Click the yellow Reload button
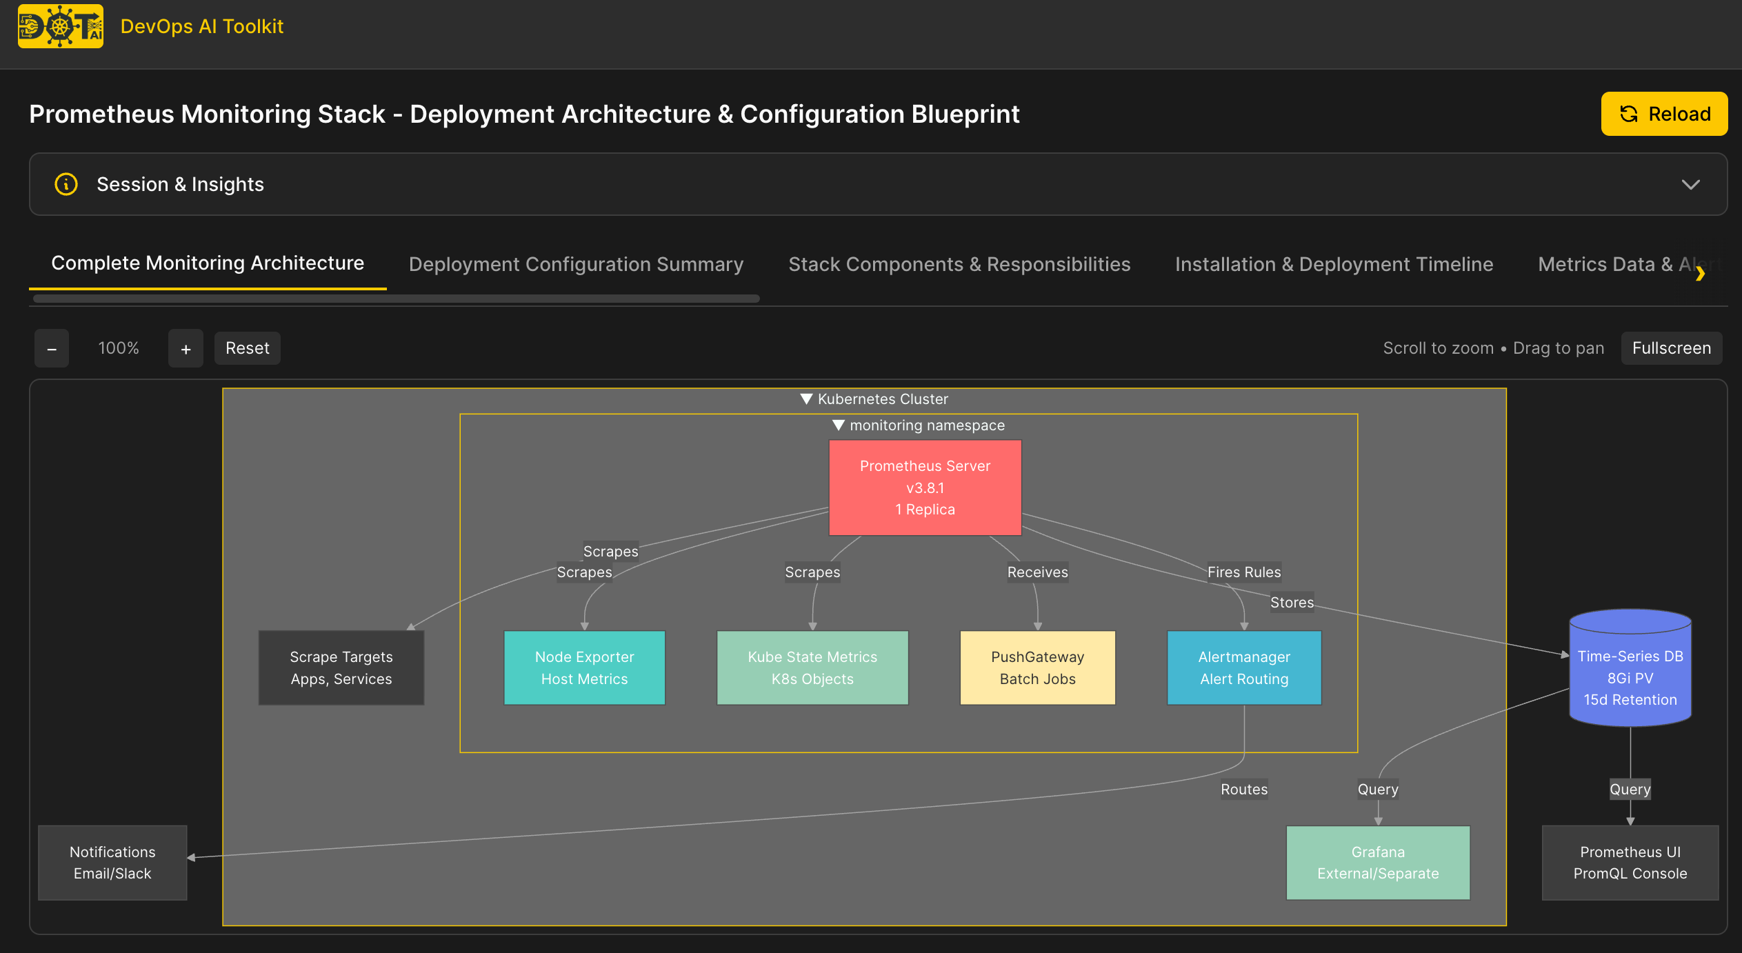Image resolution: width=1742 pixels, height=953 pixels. (x=1663, y=114)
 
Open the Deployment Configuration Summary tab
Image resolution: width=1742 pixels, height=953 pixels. (x=576, y=264)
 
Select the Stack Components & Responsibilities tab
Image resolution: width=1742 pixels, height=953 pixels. (x=959, y=264)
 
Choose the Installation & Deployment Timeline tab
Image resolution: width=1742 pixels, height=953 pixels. (x=1334, y=264)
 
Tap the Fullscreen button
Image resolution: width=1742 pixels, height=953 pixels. (x=1671, y=348)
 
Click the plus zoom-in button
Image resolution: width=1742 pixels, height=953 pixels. (x=186, y=349)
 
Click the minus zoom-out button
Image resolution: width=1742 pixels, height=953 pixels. (x=52, y=349)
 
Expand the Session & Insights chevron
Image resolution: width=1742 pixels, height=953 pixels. (x=1690, y=184)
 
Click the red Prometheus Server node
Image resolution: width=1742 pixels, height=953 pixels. (x=924, y=488)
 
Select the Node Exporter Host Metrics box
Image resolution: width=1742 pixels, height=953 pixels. (x=584, y=668)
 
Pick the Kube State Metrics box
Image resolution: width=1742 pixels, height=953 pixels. (x=812, y=668)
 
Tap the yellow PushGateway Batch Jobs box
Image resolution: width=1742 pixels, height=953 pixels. (x=1037, y=668)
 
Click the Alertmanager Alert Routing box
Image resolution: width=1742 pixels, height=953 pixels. (x=1243, y=668)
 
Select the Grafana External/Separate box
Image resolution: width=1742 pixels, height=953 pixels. (x=1377, y=863)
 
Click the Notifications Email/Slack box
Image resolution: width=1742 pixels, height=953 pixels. (x=112, y=863)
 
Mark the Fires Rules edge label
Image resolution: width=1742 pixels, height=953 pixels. (x=1243, y=572)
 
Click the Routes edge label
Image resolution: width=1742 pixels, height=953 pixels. (x=1243, y=789)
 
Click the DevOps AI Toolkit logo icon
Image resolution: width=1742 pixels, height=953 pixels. (x=61, y=26)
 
